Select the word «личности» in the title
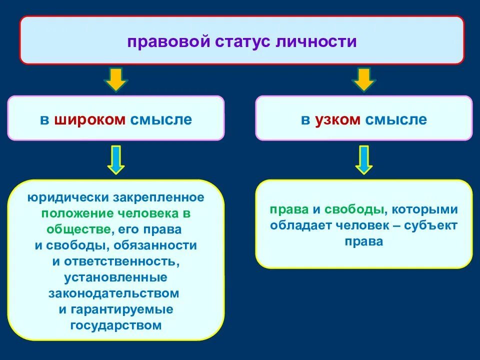(317, 41)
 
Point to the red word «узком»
(337, 120)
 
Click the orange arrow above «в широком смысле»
(116, 80)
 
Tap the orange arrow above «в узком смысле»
(364, 80)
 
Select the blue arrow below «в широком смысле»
(116, 159)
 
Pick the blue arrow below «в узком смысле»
(364, 159)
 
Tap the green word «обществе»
(78, 229)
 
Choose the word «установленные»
(116, 277)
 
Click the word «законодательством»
(114, 293)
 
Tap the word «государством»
(116, 325)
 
